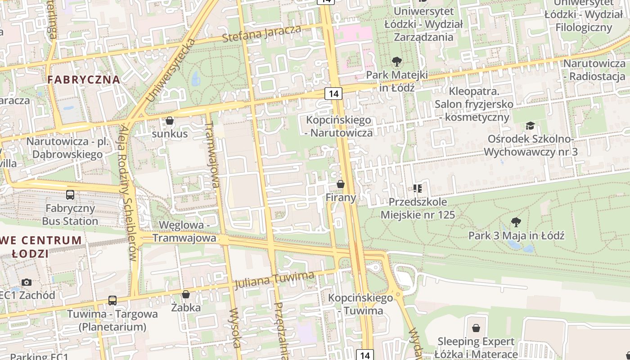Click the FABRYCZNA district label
pos(84,80)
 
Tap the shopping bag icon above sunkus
pos(170,121)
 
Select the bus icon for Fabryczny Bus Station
pos(70,195)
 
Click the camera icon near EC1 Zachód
pos(27,282)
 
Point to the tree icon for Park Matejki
pos(396,61)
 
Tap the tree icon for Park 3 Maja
pos(516,222)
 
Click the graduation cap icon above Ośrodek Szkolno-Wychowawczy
pos(530,126)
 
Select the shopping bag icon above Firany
pos(341,184)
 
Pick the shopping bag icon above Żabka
pos(186,294)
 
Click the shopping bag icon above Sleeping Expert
pos(476,328)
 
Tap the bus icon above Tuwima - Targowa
pos(112,300)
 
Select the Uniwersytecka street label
pos(171,70)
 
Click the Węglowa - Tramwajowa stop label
pos(184,231)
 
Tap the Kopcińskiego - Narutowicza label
pos(339,126)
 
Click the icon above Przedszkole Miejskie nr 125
pos(418,188)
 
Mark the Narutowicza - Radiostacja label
pos(594,70)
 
